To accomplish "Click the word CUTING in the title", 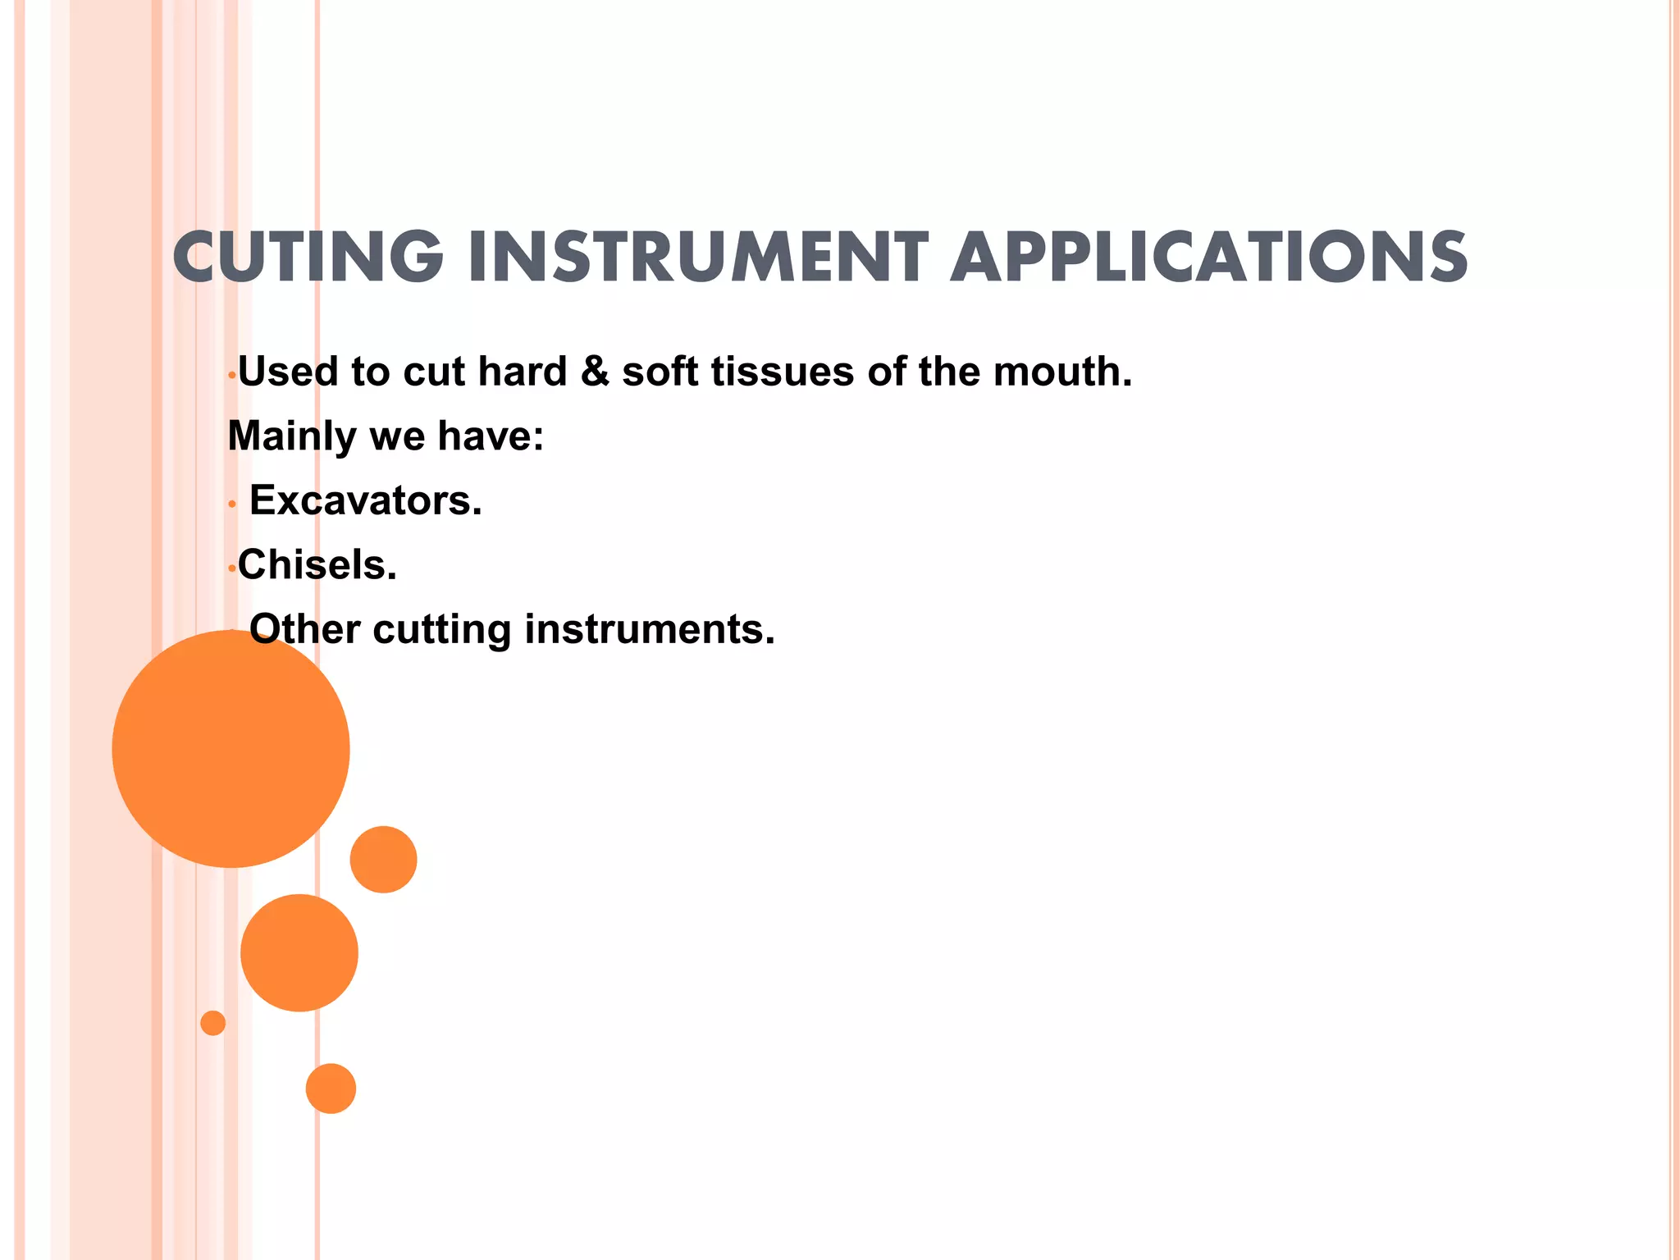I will tap(308, 258).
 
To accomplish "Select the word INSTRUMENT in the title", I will tap(698, 258).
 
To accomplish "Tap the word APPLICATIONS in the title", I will tap(1209, 258).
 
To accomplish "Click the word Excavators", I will tap(365, 500).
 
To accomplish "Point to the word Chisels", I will tap(317, 565).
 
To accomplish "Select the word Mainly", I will tap(291, 436).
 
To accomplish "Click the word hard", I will tap(523, 372).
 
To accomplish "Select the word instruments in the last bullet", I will tap(649, 630).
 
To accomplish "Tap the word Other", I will tap(304, 630).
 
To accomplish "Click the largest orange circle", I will tap(231, 748).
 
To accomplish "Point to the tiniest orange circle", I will tap(212, 1023).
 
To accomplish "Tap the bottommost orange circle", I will tap(331, 1089).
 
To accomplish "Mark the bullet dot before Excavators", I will tap(233, 504).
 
